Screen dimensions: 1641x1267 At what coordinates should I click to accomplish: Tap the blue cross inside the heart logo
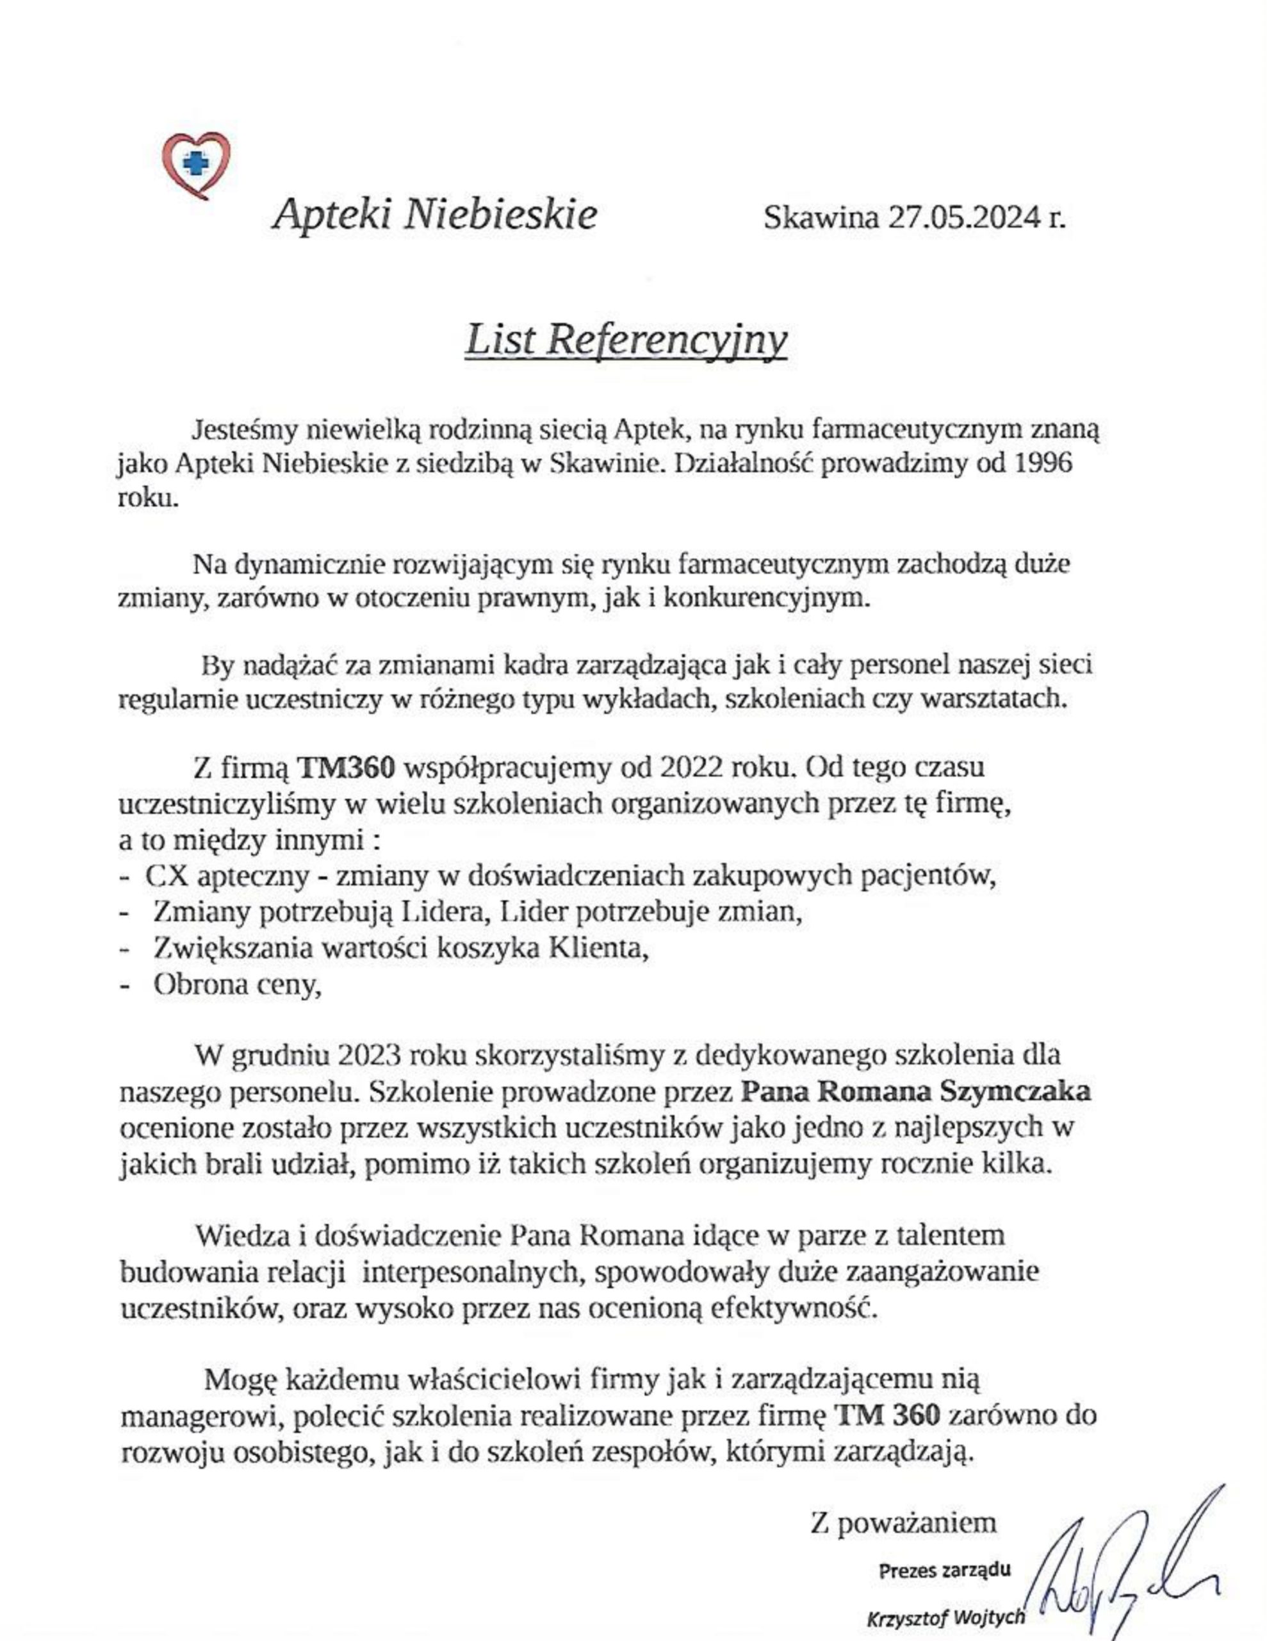(197, 161)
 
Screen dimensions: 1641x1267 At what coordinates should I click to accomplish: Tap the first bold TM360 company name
(347, 768)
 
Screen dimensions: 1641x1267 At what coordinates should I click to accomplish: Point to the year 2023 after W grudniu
(371, 1055)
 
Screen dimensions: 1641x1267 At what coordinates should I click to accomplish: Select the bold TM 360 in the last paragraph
(888, 1415)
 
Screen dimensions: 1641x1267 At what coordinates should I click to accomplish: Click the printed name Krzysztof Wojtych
(945, 1615)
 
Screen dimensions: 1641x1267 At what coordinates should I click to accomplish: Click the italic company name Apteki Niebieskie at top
(436, 215)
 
